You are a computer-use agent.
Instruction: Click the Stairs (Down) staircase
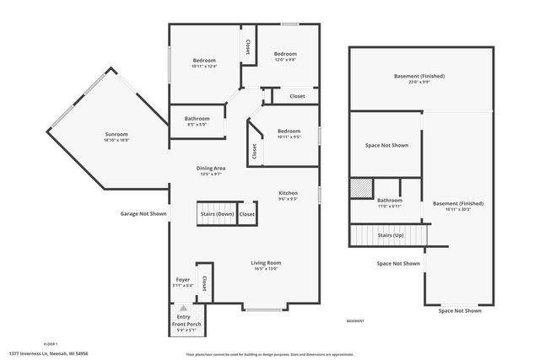point(217,214)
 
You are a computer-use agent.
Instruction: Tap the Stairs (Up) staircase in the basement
point(389,235)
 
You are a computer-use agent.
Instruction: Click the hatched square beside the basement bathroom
point(361,187)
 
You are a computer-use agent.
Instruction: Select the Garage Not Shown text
point(143,214)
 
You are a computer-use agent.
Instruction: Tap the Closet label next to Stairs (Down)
point(247,214)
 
